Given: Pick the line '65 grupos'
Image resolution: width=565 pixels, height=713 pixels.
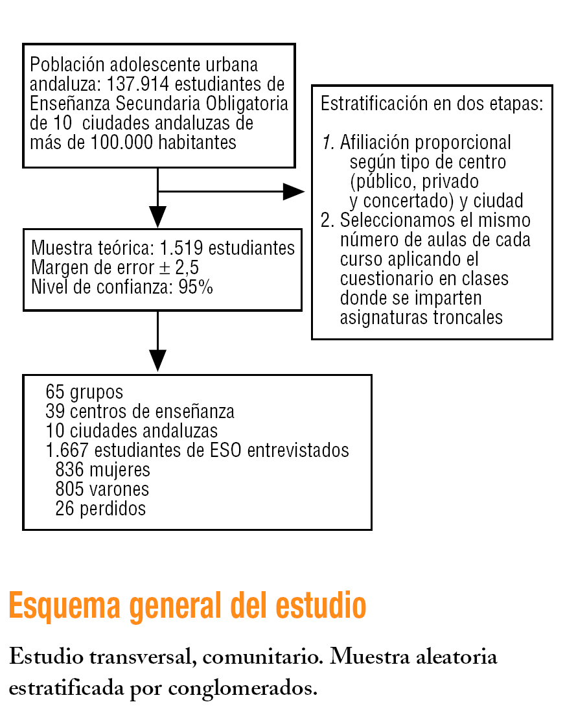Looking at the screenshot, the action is point(84,392).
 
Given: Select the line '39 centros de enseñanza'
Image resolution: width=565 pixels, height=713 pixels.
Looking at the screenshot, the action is point(140,412).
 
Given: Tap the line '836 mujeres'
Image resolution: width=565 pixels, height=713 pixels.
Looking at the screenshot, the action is point(103,470).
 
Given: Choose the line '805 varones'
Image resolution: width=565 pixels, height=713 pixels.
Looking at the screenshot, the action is point(102,489).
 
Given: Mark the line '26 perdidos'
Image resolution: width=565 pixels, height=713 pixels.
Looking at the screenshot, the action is point(100,509).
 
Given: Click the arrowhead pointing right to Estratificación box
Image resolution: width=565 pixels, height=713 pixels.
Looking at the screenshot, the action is point(294,191).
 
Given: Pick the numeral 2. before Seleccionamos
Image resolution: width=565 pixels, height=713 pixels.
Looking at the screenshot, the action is point(327,220).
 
